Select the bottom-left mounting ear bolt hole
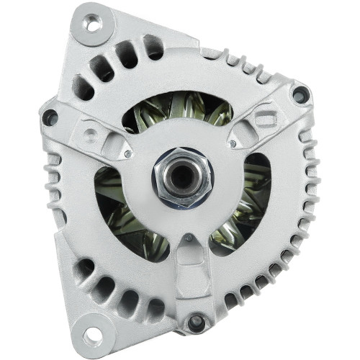tap(91, 336)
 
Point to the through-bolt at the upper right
tap(298, 94)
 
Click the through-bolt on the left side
tap(50, 116)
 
